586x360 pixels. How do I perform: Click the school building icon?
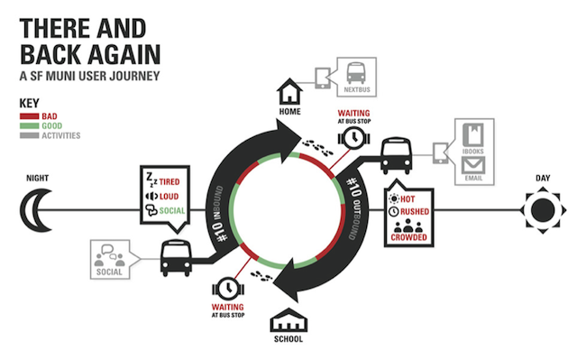point(289,321)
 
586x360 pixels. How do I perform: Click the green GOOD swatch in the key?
point(29,126)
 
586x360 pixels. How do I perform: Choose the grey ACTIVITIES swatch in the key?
point(29,136)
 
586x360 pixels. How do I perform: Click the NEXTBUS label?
point(355,90)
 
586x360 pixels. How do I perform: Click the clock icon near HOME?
point(353,137)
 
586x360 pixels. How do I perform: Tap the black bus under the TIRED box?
point(174,259)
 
